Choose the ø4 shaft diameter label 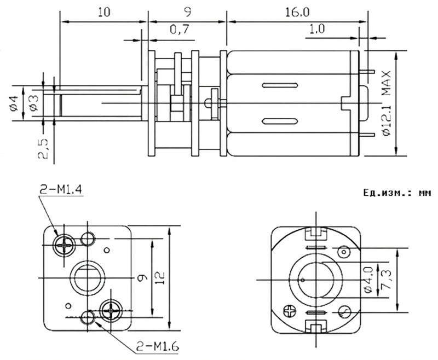(x=14, y=102)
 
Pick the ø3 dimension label (x=33, y=102)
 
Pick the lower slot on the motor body (x=280, y=121)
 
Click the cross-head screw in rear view (x=289, y=313)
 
